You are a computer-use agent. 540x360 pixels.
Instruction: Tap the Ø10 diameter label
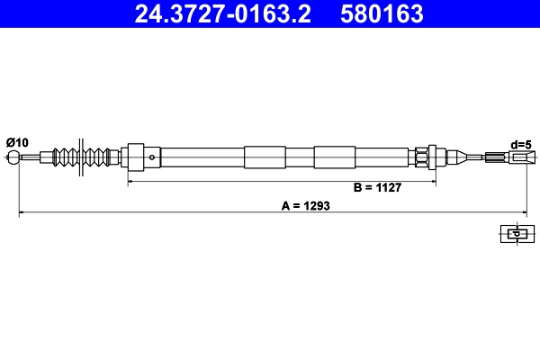(17, 142)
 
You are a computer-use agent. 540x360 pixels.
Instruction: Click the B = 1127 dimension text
(376, 188)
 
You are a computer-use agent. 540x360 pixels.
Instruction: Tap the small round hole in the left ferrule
(152, 157)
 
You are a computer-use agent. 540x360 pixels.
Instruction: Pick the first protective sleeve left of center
(264, 157)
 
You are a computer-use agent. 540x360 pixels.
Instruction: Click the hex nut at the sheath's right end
(421, 157)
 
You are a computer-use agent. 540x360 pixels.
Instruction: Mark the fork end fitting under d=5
(517, 157)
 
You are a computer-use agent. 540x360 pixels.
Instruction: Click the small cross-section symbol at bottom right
(515, 234)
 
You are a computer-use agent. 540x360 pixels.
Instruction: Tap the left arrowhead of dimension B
(132, 182)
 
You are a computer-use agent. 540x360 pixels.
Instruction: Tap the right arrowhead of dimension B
(434, 182)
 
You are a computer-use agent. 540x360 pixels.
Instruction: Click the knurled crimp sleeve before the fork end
(494, 157)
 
